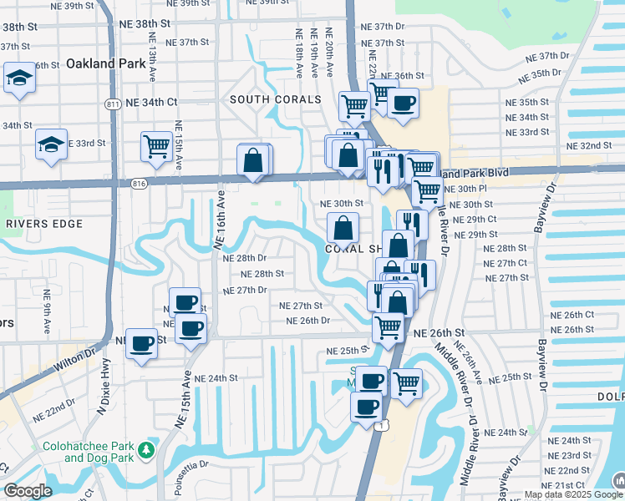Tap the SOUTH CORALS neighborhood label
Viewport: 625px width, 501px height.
pos(276,99)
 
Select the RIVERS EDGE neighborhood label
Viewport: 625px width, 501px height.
pos(43,224)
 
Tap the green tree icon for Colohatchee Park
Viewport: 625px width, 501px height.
pos(147,450)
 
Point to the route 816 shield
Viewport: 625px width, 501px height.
pos(140,182)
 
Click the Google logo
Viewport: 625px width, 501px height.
pos(28,491)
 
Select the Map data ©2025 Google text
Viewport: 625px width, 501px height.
pos(573,494)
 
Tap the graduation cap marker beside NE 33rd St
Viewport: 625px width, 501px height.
pos(51,144)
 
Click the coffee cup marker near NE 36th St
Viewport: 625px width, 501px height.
pos(403,104)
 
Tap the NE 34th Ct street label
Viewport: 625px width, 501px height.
pos(151,102)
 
